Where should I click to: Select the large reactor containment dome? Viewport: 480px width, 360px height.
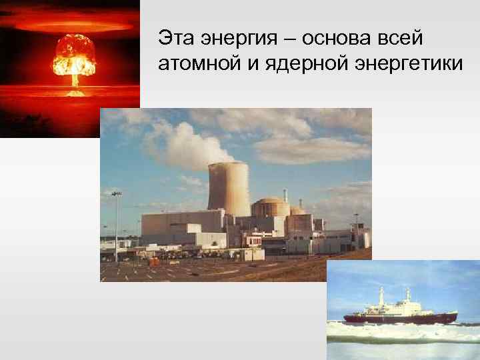(x=270, y=206)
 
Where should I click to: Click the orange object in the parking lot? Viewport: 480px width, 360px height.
(x=154, y=261)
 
